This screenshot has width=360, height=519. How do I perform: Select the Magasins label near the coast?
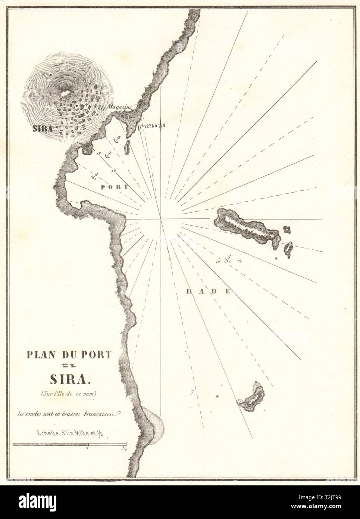[x=119, y=107]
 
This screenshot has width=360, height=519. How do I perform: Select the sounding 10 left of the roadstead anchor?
[x=218, y=261]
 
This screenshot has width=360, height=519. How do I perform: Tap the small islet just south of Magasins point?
[x=127, y=147]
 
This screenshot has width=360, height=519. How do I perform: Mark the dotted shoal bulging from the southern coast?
[x=154, y=423]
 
